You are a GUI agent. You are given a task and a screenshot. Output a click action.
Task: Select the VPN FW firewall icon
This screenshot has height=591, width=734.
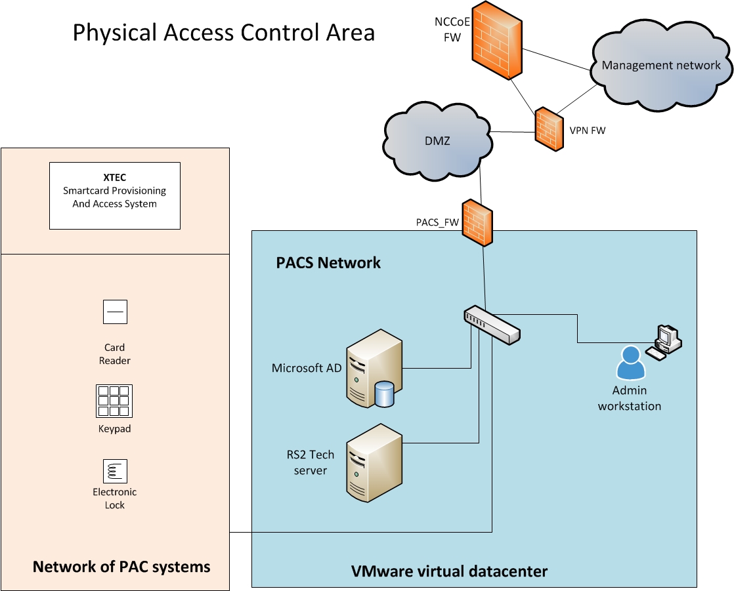tap(549, 129)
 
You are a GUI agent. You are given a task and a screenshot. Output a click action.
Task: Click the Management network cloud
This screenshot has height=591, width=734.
tap(660, 66)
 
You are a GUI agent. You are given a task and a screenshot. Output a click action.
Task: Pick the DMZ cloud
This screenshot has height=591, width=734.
tap(437, 140)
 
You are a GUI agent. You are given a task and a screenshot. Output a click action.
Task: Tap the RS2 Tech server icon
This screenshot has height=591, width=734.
tap(374, 462)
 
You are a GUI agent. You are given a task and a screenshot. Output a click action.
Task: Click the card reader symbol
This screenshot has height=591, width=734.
tap(115, 312)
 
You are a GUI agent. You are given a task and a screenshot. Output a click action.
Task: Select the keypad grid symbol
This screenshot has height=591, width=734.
tap(114, 401)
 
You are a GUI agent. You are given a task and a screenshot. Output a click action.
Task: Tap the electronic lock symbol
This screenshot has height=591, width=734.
tap(115, 471)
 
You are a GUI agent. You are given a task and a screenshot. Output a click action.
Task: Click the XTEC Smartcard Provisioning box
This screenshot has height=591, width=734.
tap(115, 195)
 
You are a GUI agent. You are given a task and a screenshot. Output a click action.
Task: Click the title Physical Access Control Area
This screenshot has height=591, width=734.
tap(223, 32)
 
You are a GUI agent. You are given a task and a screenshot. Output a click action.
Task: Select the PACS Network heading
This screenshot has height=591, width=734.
tap(328, 263)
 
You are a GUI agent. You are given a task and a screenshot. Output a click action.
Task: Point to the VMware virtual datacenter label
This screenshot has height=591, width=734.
tap(449, 571)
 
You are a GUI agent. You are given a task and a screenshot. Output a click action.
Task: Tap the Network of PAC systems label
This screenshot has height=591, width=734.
tap(121, 567)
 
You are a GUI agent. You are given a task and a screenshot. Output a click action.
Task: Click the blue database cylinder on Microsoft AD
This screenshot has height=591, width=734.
tap(383, 393)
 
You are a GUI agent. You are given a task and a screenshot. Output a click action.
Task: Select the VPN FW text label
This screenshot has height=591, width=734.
tap(588, 131)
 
